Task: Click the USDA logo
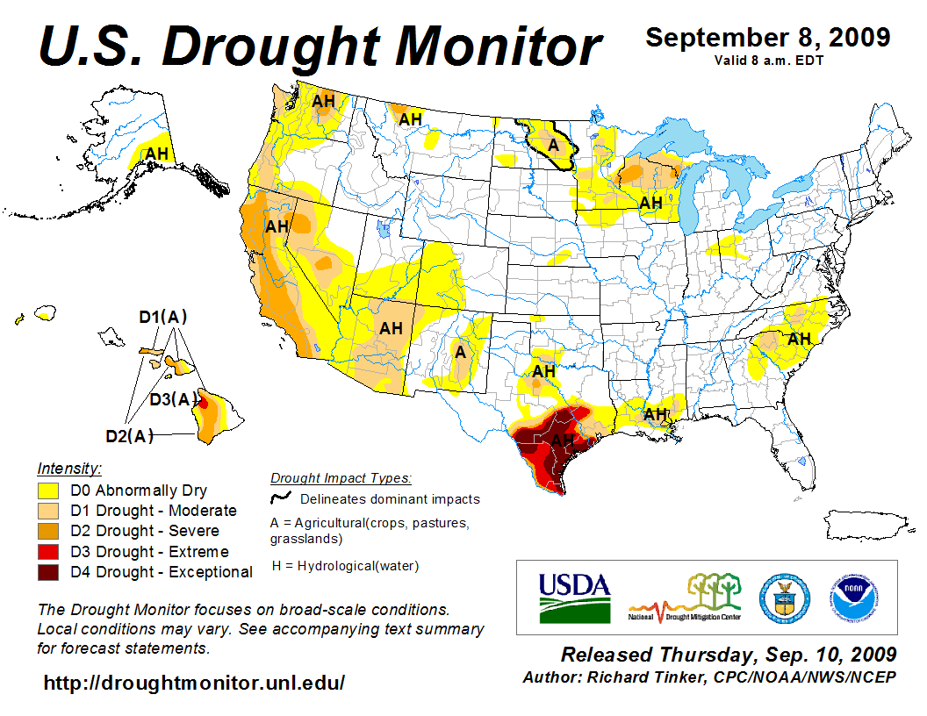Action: point(574,598)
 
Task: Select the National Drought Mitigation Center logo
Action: point(686,597)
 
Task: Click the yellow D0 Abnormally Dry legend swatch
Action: point(49,490)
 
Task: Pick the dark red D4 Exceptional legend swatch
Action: point(49,572)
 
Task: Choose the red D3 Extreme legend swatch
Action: point(49,552)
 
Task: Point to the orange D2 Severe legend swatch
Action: point(49,531)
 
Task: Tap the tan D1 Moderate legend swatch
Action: point(49,511)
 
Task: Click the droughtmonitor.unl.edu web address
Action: point(194,682)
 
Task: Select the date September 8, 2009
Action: point(768,38)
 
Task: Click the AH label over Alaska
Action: point(156,154)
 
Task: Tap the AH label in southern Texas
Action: point(563,440)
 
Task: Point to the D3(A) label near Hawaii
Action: point(173,400)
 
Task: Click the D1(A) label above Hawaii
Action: point(163,317)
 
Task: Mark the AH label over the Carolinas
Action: point(799,339)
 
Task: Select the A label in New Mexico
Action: point(459,352)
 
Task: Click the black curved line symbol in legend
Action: point(281,498)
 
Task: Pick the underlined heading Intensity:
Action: point(69,469)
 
